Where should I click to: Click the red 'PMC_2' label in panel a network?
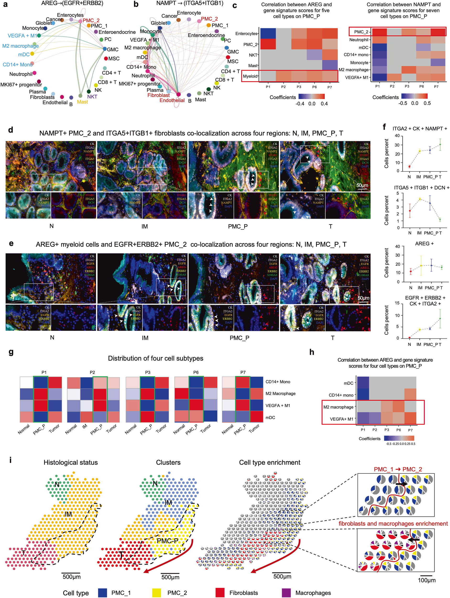coord(91,21)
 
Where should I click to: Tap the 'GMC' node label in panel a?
coord(112,50)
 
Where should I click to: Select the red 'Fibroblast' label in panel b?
coord(158,95)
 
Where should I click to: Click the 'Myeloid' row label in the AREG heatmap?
coord(250,76)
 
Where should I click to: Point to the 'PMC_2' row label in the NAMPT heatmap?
coord(361,32)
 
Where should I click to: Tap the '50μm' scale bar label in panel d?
coord(362,185)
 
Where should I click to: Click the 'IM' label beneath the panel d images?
coord(145,227)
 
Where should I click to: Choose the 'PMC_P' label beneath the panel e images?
coord(239,338)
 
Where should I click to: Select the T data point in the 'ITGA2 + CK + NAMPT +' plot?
coord(440,144)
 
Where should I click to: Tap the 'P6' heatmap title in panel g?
coord(196,372)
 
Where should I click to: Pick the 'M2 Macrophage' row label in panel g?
coord(280,394)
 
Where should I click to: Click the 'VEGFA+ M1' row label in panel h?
coord(342,419)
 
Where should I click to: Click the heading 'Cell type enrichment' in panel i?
coord(269,463)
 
